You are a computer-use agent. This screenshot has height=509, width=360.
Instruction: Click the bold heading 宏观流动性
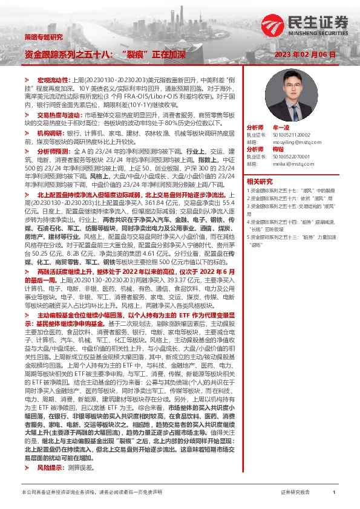tap(54, 80)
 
